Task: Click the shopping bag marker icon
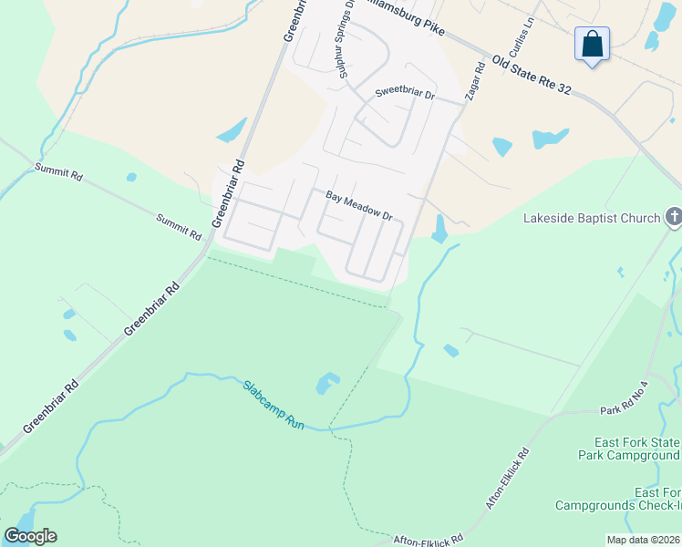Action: pos(592,43)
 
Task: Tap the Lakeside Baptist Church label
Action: pos(591,218)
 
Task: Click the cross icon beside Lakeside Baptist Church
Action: pos(674,217)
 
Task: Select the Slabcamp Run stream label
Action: pos(273,405)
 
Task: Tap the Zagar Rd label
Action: pos(478,79)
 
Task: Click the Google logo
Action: pos(30,535)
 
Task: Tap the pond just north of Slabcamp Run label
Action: pos(327,383)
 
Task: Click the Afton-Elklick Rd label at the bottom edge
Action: pos(429,539)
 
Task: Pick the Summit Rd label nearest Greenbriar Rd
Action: pos(178,226)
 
